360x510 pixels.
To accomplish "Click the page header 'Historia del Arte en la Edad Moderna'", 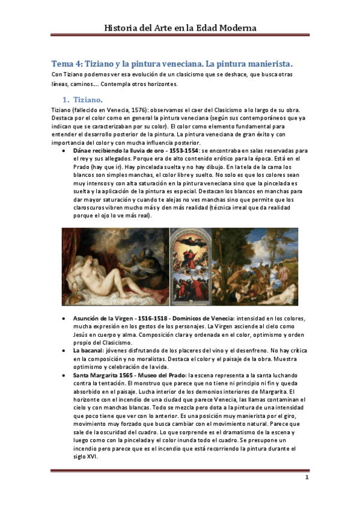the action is [180, 28].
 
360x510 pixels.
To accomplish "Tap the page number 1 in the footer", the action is [306, 478].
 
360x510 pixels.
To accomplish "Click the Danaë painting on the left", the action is [115, 266].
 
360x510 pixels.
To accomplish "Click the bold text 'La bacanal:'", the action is [89, 349].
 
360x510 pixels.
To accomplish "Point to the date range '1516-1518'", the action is [153, 318].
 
